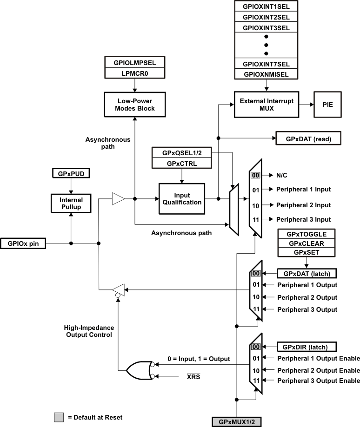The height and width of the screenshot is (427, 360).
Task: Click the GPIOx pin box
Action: coord(24,243)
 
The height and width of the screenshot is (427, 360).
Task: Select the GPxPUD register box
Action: coord(70,174)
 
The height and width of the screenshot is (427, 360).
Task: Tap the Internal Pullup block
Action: coord(70,203)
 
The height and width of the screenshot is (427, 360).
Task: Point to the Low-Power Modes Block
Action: coord(134,105)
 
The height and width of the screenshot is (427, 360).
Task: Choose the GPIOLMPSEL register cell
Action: coord(134,63)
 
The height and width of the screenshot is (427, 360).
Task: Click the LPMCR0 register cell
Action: coord(134,73)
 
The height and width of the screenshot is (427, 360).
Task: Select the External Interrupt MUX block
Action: coord(266,105)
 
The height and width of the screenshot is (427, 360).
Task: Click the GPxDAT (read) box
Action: coord(308,138)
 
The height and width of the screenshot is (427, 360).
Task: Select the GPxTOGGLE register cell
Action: coord(307,234)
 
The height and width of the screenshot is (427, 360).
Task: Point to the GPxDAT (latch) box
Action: coord(307,273)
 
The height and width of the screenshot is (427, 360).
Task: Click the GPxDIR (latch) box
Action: coord(307,347)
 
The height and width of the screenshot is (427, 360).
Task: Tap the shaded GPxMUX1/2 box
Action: coord(237,422)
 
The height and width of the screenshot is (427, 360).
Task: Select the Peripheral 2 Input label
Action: coord(303,205)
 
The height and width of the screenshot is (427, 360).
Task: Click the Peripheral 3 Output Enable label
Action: coord(319,381)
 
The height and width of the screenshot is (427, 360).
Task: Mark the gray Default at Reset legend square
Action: coord(59,417)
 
